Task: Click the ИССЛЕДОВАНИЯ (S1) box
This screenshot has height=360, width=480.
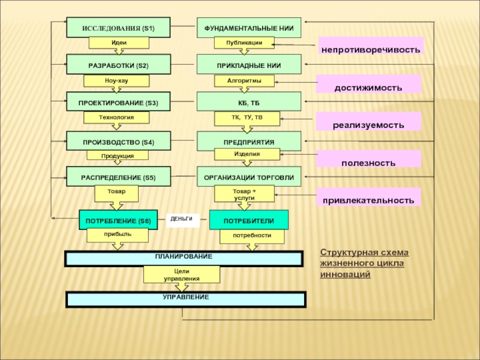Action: [x=118, y=28]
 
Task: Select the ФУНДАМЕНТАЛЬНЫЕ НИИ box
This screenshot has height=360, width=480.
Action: [x=249, y=28]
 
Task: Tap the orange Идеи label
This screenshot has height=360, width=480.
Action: [x=118, y=43]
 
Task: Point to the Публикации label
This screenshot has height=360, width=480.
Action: [x=244, y=43]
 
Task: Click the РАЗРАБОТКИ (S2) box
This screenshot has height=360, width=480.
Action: [x=118, y=65]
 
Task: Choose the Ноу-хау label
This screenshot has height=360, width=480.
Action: [x=116, y=80]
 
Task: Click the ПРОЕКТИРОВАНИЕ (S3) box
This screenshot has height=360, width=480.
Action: [x=118, y=103]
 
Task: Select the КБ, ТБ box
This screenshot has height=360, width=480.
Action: [x=249, y=103]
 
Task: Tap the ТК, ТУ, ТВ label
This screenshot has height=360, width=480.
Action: [x=247, y=117]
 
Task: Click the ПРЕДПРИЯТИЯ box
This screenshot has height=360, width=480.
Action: [x=249, y=142]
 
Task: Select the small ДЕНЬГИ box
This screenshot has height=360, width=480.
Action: [x=182, y=220]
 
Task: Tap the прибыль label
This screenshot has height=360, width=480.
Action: [x=117, y=235]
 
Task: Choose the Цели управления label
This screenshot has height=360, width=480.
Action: [x=181, y=275]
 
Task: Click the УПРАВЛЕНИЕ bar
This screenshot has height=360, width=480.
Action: [x=186, y=299]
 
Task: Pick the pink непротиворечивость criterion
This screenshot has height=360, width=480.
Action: [x=370, y=47]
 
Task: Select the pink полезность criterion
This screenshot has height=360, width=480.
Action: [x=368, y=162]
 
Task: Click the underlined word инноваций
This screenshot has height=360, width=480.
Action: [x=345, y=274]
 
